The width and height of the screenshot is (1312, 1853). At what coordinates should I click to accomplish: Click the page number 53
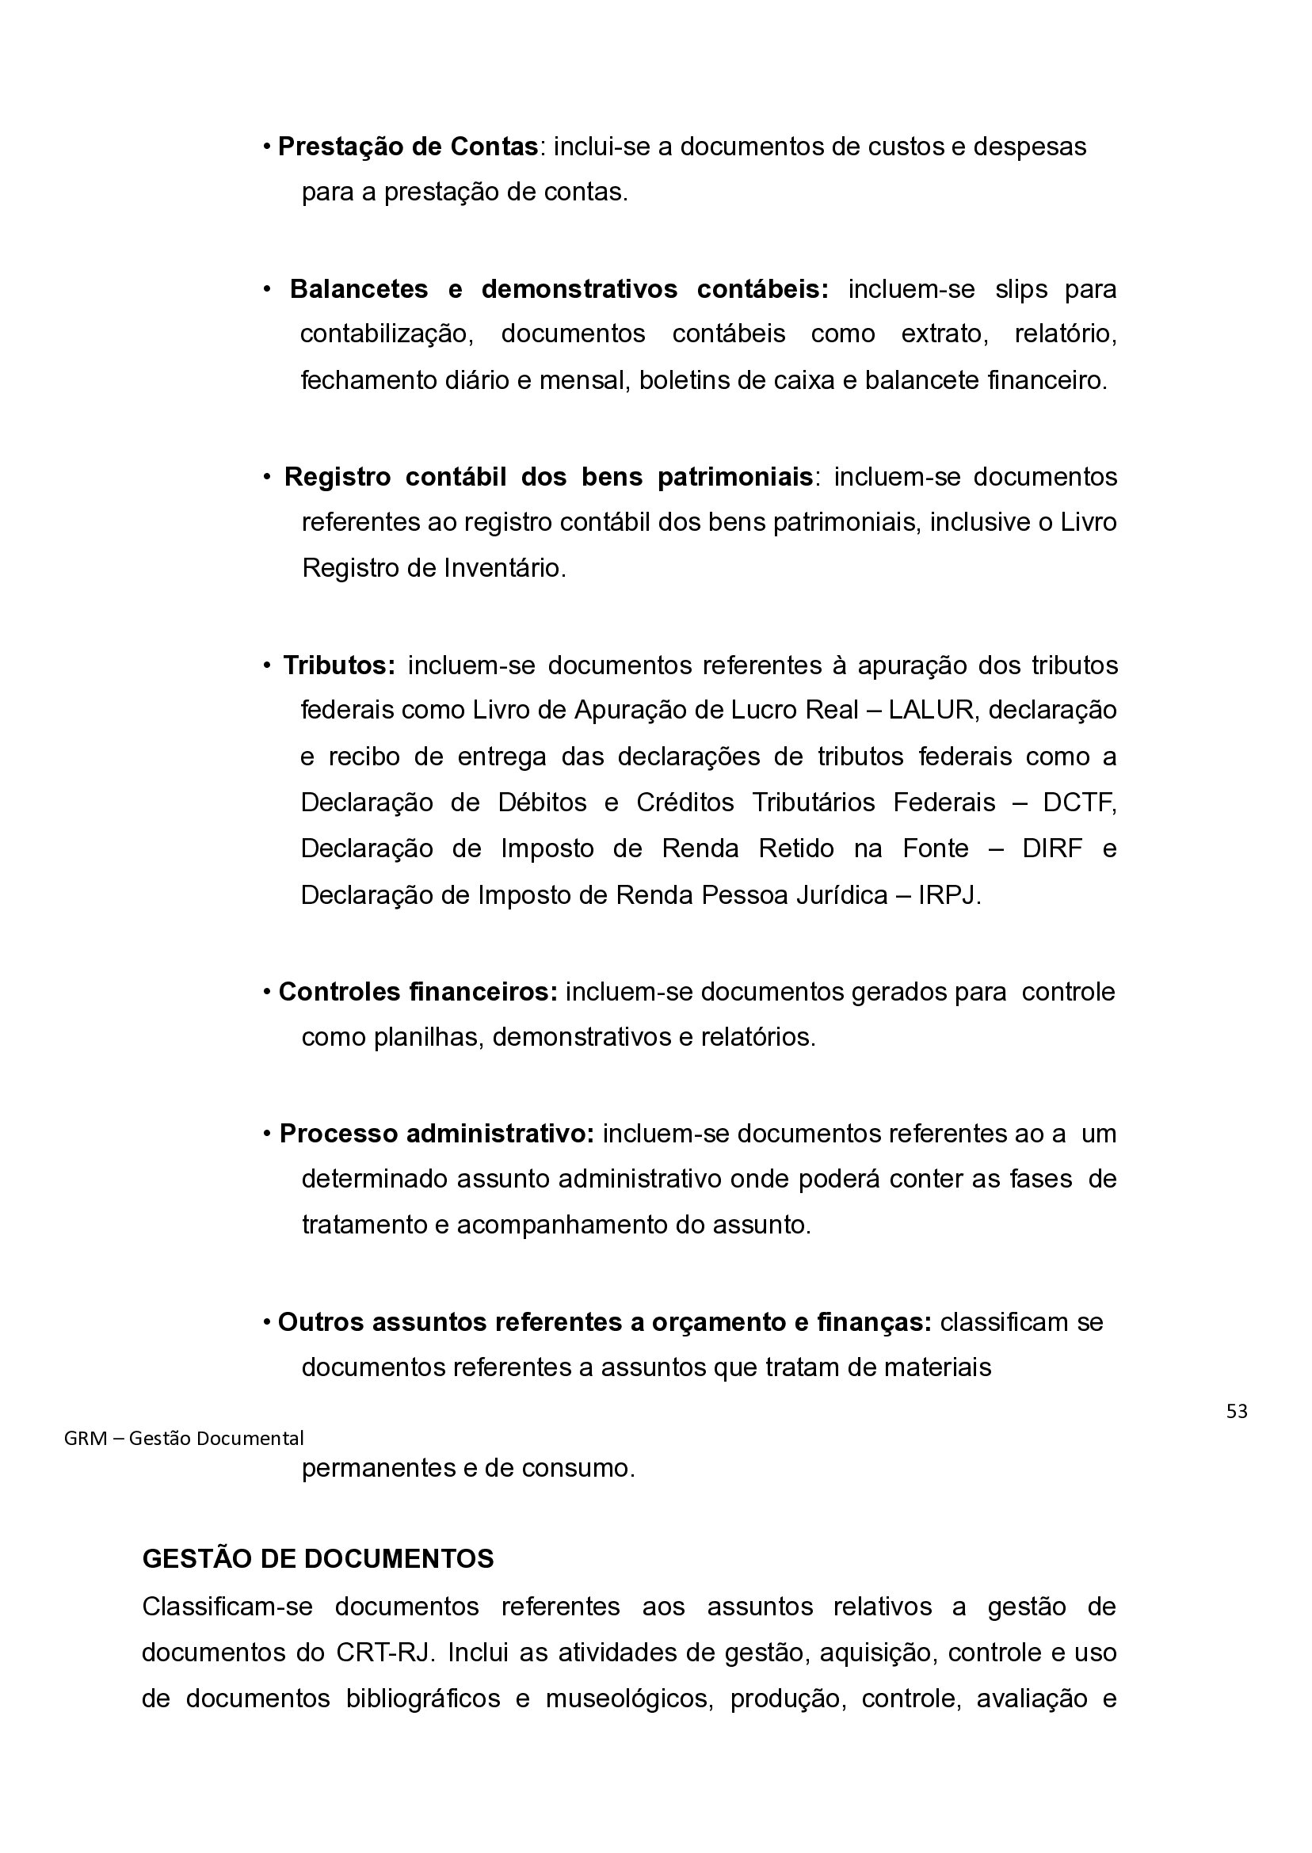click(1236, 1411)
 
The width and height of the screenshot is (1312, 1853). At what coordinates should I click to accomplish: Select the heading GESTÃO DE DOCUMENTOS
click(318, 1559)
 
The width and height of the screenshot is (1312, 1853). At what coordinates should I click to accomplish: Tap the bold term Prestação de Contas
click(408, 147)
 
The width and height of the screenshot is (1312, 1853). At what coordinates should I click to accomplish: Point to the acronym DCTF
click(1078, 803)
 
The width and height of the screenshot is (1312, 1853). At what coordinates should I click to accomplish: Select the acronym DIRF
click(1052, 849)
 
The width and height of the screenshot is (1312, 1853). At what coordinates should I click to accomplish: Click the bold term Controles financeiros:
click(418, 992)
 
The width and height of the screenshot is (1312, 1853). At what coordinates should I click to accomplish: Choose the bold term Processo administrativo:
click(437, 1134)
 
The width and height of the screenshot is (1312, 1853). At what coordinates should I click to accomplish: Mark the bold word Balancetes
click(359, 289)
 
